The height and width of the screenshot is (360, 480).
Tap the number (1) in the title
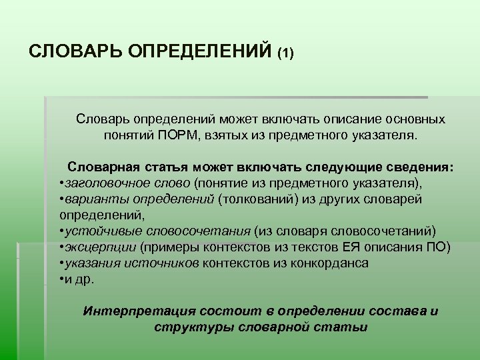[x=286, y=53]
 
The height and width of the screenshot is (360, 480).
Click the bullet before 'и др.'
[x=61, y=279]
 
